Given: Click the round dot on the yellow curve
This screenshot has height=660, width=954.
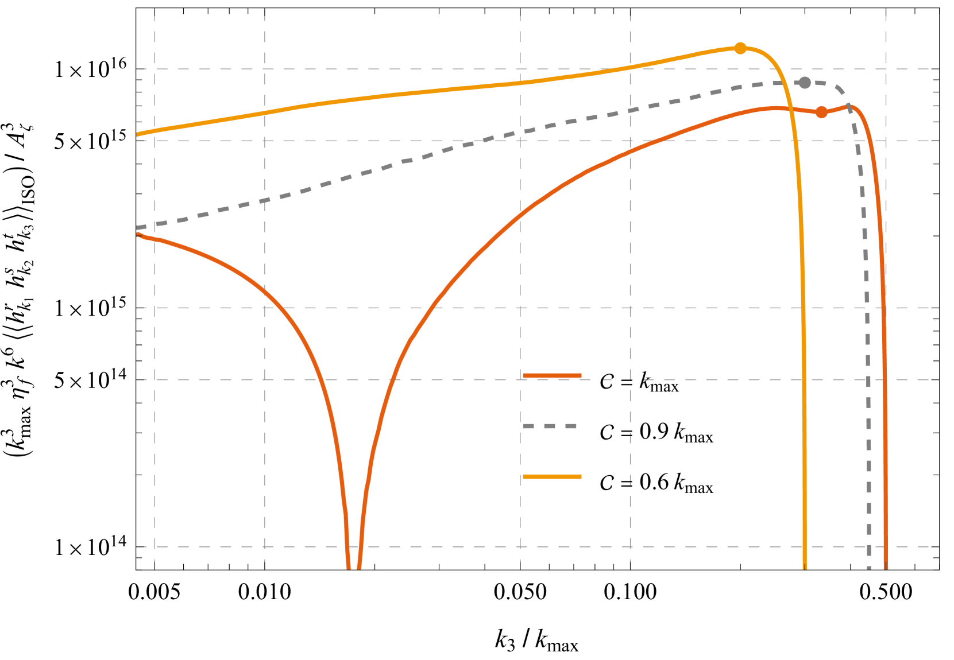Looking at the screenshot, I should click(x=740, y=48).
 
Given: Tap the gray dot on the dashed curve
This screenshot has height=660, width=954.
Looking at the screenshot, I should click(x=805, y=83).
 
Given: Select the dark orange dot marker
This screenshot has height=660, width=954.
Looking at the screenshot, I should click(x=821, y=112).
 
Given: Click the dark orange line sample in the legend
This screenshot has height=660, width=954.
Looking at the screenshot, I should click(x=552, y=376).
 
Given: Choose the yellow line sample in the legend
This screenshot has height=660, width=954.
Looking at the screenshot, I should click(x=552, y=477).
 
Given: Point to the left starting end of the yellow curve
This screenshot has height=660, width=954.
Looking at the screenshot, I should click(x=137, y=135).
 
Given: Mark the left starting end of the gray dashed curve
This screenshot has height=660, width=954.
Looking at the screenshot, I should click(x=137, y=228).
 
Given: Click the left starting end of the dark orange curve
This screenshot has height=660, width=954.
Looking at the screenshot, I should click(x=137, y=234).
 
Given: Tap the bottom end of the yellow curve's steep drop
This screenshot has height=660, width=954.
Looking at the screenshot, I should click(x=804, y=568).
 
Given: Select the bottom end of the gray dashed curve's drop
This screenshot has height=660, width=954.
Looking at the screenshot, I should click(x=869, y=568).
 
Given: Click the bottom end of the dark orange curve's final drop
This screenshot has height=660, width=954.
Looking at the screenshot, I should click(x=886, y=568).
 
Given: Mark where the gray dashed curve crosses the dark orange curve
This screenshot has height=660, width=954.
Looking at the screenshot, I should click(x=851, y=107).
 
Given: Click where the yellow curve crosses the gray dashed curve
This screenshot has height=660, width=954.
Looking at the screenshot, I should click(x=786, y=83).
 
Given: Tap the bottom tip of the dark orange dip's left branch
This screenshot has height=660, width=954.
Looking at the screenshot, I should click(x=349, y=568).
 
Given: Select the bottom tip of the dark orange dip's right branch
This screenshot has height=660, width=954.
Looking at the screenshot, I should click(x=359, y=568).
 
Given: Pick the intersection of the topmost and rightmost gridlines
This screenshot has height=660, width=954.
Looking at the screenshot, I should click(x=886, y=69).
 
